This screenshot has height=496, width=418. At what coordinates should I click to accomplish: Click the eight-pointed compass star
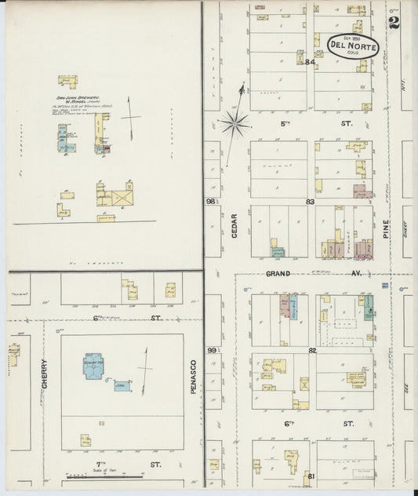point(235,122)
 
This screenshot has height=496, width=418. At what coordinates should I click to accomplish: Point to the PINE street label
point(387,229)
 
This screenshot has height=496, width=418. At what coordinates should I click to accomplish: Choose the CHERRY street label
point(44,377)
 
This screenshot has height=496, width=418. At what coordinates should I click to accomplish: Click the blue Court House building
point(93,367)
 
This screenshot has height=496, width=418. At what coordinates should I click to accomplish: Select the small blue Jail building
point(122,386)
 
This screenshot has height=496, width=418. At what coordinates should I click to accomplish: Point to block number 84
point(310,62)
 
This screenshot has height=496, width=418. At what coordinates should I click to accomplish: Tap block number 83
point(311,202)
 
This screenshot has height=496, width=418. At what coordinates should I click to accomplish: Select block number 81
point(311,476)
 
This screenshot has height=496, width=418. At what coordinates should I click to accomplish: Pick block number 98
point(211,202)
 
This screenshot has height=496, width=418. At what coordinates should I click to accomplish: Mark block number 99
point(211,350)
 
